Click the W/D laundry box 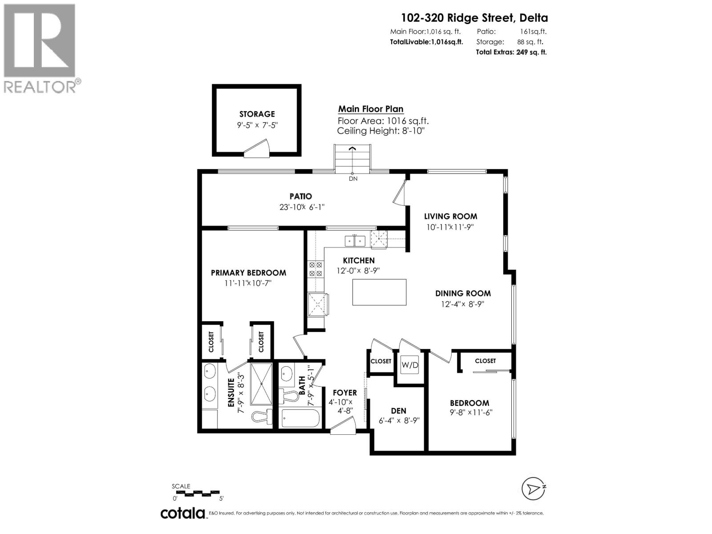(410, 365)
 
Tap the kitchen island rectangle (379, 292)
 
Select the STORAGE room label (257, 114)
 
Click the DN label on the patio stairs (353, 179)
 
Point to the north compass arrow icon (533, 489)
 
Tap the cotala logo (182, 513)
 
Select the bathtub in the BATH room (301, 418)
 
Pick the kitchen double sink (355, 241)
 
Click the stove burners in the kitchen (316, 270)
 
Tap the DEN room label (398, 411)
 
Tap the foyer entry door (343, 427)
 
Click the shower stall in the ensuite (261, 384)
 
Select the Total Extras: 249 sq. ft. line (511, 52)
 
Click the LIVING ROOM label (450, 216)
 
